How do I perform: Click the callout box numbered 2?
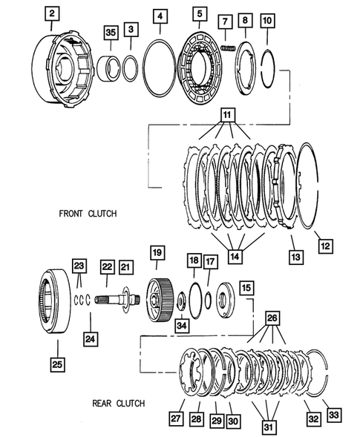51,13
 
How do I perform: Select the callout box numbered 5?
199,13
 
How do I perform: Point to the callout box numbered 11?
226,116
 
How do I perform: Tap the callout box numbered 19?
157,252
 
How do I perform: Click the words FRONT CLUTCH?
88,214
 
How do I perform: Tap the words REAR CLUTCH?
119,404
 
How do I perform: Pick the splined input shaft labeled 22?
111,299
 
